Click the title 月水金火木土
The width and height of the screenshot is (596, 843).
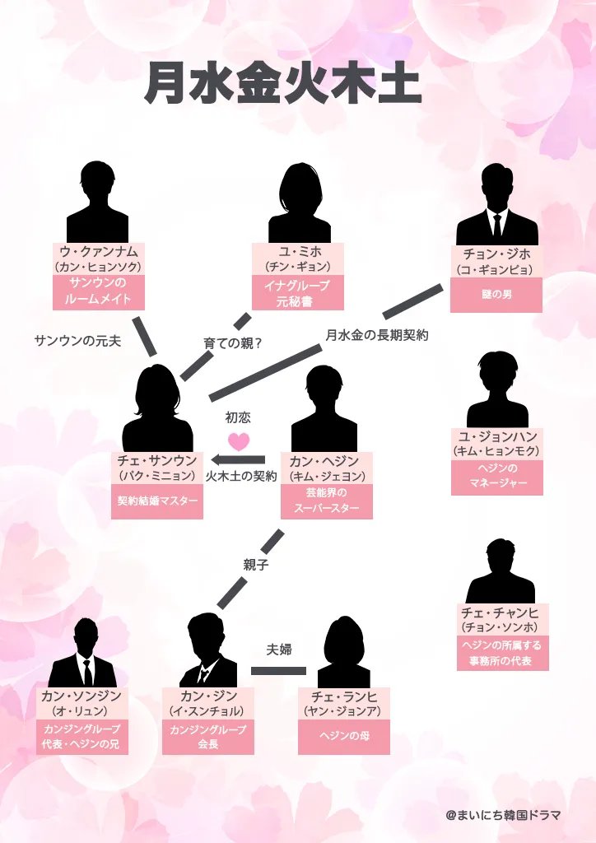[283, 84]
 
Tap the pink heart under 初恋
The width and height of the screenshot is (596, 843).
[239, 441]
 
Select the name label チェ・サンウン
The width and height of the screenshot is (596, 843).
[157, 461]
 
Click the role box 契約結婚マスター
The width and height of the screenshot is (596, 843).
[157, 501]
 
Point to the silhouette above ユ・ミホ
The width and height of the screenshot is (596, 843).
[299, 203]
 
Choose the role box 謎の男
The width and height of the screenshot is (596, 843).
[496, 295]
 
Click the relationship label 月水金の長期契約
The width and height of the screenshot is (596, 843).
[377, 335]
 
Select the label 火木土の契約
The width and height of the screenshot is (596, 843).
[241, 476]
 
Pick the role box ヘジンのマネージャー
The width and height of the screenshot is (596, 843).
[496, 477]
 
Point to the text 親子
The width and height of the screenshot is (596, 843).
[256, 565]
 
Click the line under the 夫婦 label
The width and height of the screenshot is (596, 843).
[278, 671]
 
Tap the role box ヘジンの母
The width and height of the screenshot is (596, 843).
[344, 736]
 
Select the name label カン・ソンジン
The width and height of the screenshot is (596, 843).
[81, 696]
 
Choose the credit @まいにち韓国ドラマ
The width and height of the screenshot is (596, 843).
[503, 815]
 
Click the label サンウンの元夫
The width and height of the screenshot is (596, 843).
[77, 340]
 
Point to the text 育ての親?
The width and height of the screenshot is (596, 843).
[233, 342]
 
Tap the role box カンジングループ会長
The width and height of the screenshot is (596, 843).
[207, 736]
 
